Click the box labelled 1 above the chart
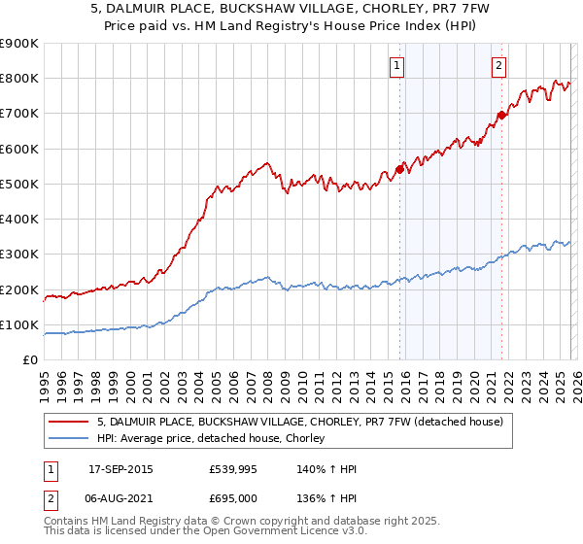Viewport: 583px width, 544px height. coord(398,66)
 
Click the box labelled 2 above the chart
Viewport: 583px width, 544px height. coord(498,66)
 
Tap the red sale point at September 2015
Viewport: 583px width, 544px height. coord(399,170)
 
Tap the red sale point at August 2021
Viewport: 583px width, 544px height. coord(501,116)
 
